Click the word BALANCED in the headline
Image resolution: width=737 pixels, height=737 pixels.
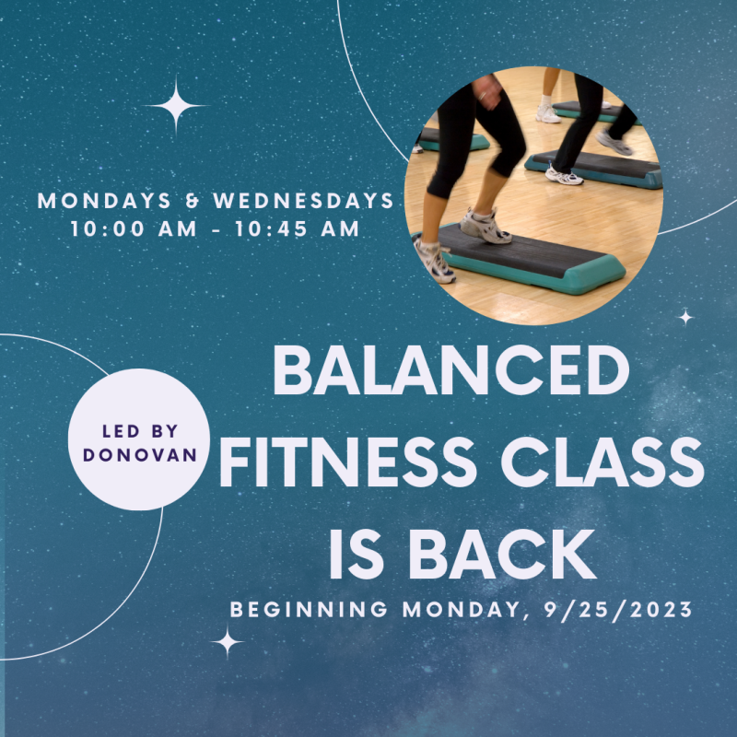[x=451, y=371]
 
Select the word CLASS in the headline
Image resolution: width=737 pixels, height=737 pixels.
[x=602, y=462]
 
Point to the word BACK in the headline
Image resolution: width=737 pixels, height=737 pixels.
[x=503, y=555]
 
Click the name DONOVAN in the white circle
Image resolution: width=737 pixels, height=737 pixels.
[x=140, y=455]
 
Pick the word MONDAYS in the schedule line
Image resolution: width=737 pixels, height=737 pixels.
[x=104, y=201]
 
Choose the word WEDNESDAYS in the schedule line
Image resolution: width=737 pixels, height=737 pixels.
[x=304, y=201]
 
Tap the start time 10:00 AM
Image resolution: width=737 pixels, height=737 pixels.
[x=134, y=228]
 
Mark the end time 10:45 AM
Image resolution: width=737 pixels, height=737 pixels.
[x=297, y=228]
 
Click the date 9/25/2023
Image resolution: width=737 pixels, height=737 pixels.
[x=618, y=610]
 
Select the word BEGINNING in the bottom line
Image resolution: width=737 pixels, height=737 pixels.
[x=309, y=610]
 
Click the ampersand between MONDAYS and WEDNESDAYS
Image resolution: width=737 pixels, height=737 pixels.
[x=193, y=201]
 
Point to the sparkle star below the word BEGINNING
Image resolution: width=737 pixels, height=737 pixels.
[x=228, y=642]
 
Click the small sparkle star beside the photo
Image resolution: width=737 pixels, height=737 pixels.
[x=685, y=317]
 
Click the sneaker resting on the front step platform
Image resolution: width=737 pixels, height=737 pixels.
[x=485, y=227]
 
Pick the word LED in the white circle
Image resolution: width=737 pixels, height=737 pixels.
[x=121, y=431]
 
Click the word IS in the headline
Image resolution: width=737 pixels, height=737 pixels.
[x=357, y=555]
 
